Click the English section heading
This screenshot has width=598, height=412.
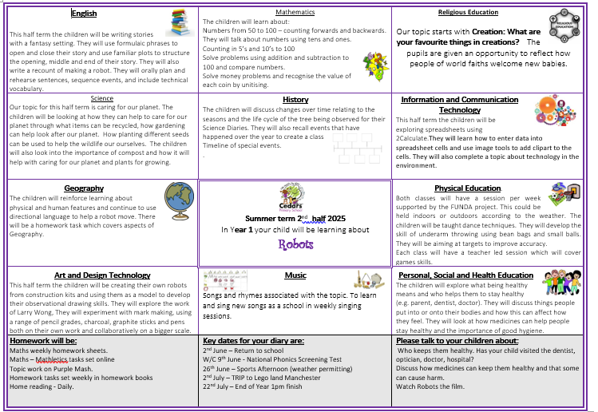(x=84, y=14)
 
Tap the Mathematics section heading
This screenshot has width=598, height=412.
(x=295, y=13)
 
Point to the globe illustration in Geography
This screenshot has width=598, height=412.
(x=179, y=196)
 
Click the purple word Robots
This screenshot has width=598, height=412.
(x=295, y=244)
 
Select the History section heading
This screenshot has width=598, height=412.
(x=295, y=100)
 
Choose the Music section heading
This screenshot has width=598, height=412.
(x=295, y=275)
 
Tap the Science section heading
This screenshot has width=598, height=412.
(x=101, y=98)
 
